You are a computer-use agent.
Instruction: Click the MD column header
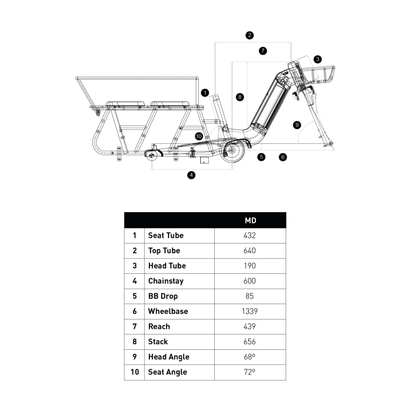click(x=250, y=220)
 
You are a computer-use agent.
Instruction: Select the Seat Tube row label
click(x=165, y=235)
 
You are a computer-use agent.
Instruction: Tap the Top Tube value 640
click(x=250, y=251)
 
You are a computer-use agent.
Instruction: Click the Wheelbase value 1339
click(x=250, y=311)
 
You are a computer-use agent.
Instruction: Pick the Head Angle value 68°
click(x=250, y=357)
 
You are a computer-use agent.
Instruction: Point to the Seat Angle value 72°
click(x=250, y=372)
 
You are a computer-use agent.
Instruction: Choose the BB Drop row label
click(x=163, y=296)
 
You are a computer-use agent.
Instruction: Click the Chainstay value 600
click(x=250, y=281)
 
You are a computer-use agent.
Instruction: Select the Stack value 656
click(x=250, y=342)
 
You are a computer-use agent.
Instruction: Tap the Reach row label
click(x=159, y=326)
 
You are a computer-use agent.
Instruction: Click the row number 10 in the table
click(x=135, y=372)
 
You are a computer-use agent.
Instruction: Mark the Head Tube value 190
click(x=250, y=266)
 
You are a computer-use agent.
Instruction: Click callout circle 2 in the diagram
click(x=250, y=35)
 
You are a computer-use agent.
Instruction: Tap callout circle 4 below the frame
click(x=192, y=175)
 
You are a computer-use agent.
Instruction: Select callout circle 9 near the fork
click(x=296, y=124)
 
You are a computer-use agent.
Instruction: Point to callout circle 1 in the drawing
click(x=206, y=93)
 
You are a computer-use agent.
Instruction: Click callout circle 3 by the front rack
click(x=318, y=59)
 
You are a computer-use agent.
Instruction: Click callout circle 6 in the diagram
click(x=283, y=157)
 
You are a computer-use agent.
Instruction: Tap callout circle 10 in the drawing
click(x=199, y=136)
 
